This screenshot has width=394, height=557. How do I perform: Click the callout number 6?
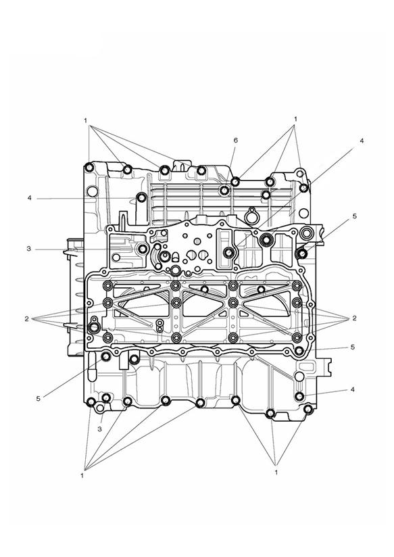tap(236, 141)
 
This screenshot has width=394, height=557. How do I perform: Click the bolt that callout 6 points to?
tap(224, 191)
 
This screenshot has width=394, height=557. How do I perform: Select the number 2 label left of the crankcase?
tap(26, 319)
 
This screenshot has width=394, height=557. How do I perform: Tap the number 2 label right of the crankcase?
tap(354, 318)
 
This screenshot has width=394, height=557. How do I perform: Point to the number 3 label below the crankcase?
tap(99, 429)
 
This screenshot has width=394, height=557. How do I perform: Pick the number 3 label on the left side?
tap(29, 249)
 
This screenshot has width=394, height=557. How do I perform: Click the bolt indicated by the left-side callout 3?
tap(143, 249)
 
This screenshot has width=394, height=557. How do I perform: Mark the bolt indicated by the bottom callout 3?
tap(106, 398)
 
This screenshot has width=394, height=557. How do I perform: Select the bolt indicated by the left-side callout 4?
tap(141, 197)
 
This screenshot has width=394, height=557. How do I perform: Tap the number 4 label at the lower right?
tap(352, 389)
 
